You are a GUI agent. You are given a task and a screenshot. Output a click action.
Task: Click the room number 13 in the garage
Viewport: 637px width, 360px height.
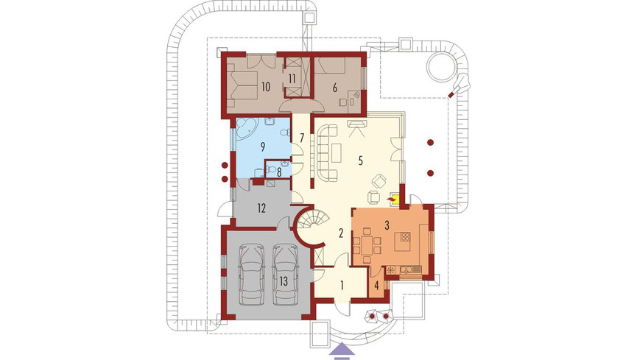pyautogui.click(x=284, y=280)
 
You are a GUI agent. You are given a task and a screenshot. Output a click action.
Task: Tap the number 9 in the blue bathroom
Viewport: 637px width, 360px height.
pyautogui.click(x=263, y=147)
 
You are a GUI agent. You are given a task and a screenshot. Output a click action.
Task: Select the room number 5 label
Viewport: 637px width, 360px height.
pyautogui.click(x=360, y=160)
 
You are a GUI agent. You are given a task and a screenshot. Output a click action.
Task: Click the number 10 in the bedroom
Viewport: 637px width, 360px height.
pyautogui.click(x=266, y=87)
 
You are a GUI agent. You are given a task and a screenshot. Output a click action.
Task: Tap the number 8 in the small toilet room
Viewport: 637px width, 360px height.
pyautogui.click(x=279, y=172)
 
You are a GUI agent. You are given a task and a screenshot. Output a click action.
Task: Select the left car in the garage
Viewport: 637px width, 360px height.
pyautogui.click(x=252, y=275)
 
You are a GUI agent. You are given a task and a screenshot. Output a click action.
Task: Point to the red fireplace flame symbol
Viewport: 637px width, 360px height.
pyautogui.click(x=392, y=200)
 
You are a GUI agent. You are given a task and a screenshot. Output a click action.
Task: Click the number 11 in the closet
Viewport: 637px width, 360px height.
pyautogui.click(x=292, y=79)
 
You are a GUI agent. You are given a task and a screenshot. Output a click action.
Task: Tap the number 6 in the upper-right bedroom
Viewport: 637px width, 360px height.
pyautogui.click(x=335, y=87)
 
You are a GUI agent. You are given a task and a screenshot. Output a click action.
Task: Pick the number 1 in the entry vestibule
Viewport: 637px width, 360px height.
pyautogui.click(x=342, y=285)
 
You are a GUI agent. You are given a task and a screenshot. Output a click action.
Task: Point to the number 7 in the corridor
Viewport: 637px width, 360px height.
pyautogui.click(x=302, y=138)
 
